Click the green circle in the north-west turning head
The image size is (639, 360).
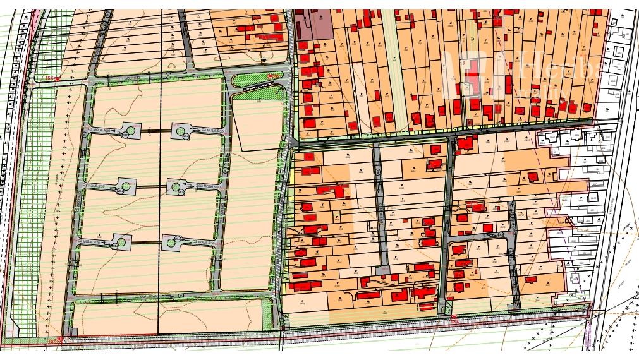point(131,131)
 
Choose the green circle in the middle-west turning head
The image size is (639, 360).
point(125,186)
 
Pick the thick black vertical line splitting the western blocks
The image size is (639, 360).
point(160,189)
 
